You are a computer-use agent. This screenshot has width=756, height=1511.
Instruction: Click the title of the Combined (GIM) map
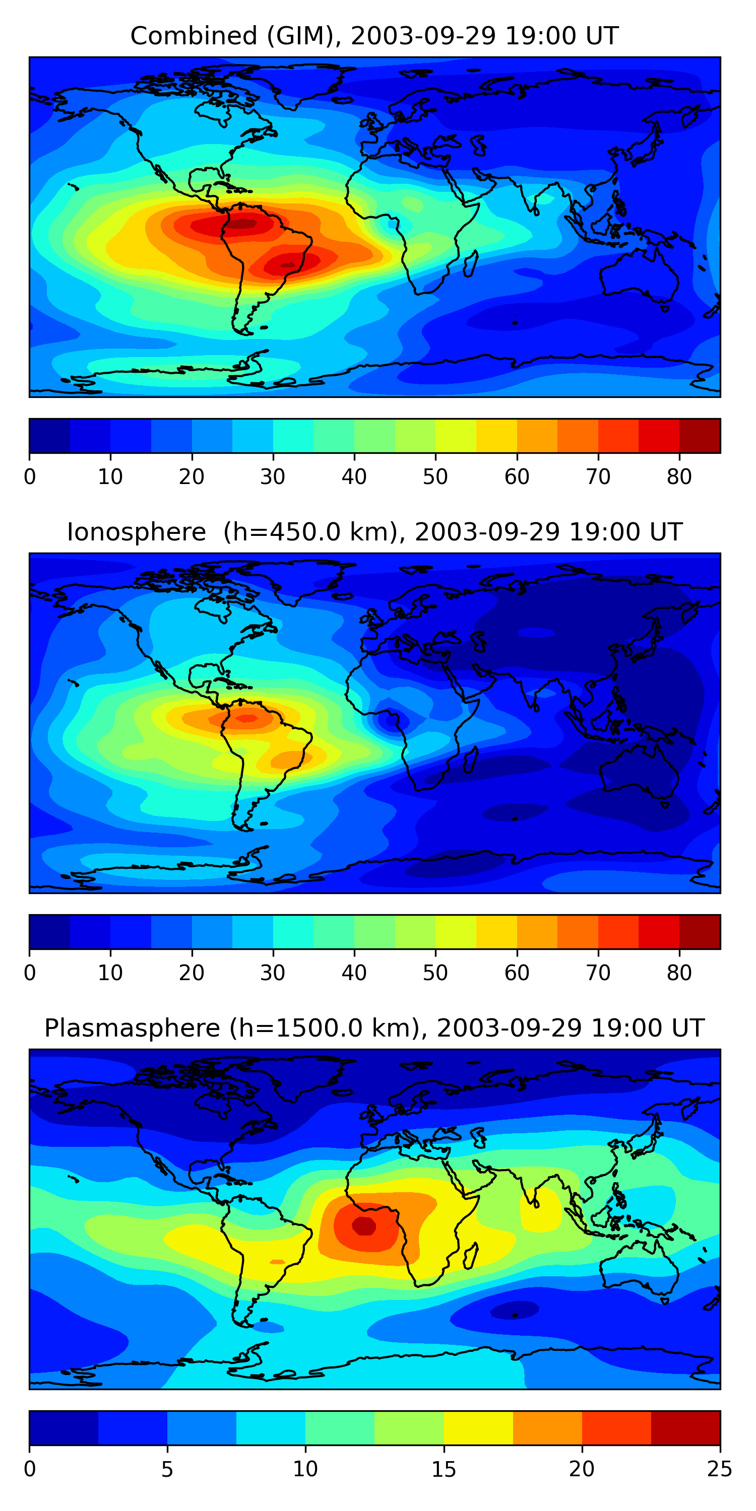374,36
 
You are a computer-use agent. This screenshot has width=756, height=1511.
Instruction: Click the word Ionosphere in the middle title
136,532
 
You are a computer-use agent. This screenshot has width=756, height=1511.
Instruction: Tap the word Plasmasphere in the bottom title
132,1028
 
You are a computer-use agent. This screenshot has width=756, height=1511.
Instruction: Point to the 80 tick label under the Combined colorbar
679,477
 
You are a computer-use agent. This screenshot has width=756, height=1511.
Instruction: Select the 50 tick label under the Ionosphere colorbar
435,973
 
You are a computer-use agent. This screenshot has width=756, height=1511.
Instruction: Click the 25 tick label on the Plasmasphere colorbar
720,1469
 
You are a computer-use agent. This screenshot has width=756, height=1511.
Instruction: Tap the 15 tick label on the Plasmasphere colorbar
444,1469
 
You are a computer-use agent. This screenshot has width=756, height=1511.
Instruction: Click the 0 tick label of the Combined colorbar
30,477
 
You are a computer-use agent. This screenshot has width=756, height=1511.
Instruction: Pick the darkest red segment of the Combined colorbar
700,436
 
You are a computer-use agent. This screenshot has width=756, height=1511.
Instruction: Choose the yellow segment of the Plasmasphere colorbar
478,1428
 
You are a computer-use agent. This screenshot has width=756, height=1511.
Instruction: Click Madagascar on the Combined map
470,263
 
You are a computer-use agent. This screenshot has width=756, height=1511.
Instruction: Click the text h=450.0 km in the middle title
311,532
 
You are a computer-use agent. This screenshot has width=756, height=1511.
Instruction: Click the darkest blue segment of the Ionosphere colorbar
50,931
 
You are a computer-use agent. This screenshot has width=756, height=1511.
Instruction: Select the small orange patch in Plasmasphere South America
277,1262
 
